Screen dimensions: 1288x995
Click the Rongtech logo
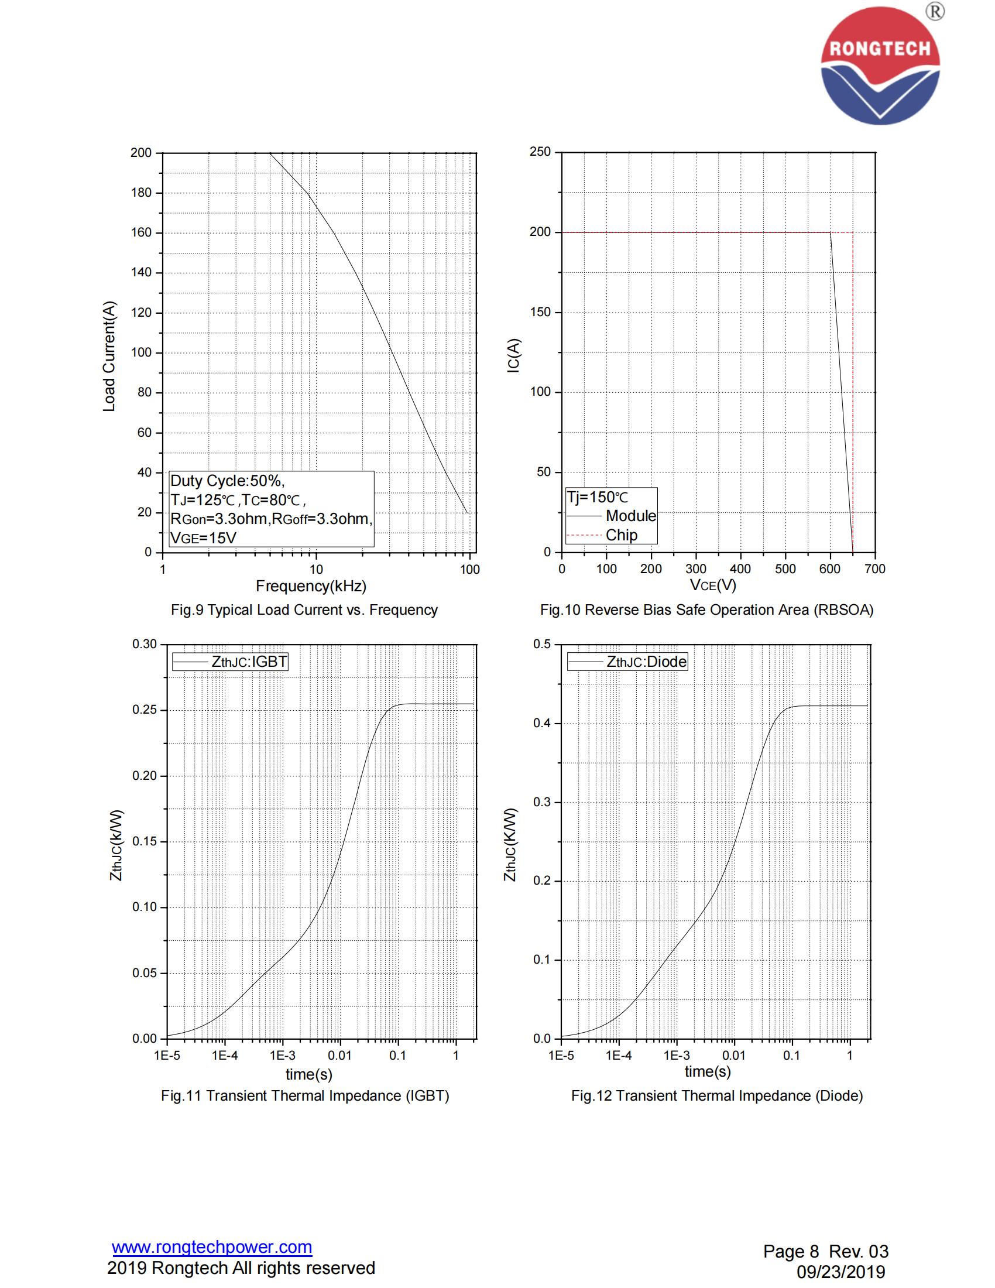[x=880, y=65]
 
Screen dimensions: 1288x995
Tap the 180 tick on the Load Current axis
[x=142, y=193]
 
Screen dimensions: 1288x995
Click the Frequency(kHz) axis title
[x=311, y=586]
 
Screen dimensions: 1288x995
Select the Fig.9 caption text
[x=304, y=610]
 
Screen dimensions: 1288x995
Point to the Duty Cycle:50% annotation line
[x=227, y=481]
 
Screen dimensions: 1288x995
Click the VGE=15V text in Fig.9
[x=203, y=538]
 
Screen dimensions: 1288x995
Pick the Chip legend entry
[x=621, y=535]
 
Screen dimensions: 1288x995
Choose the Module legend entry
[x=630, y=516]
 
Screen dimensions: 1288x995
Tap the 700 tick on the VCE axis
[x=875, y=569]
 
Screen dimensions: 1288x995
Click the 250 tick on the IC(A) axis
[x=540, y=152]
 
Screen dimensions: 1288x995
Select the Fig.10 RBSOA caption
[x=706, y=610]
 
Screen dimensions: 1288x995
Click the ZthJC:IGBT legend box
[x=230, y=662]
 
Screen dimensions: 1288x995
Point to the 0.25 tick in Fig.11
[x=145, y=710]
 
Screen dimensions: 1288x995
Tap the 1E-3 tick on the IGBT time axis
[x=282, y=1055]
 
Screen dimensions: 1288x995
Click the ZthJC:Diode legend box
[x=627, y=662]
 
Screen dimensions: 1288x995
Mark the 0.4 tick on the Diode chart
[x=543, y=724]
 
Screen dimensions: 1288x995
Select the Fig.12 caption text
[x=717, y=1096]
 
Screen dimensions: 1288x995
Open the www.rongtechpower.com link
[x=212, y=1247]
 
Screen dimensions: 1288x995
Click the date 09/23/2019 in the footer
[x=840, y=1272]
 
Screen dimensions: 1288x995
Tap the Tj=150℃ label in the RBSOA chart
[x=597, y=497]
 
